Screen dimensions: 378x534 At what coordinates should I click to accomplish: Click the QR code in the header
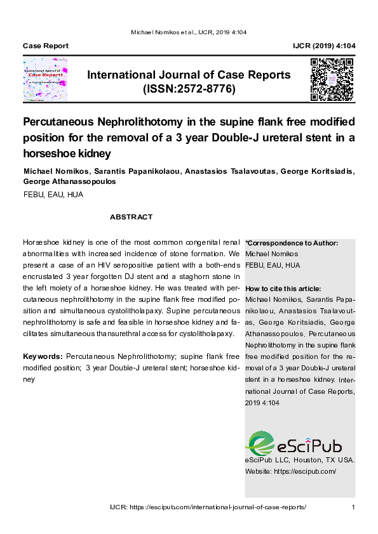pos(332,80)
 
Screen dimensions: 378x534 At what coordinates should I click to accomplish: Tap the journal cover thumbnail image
pos(45,81)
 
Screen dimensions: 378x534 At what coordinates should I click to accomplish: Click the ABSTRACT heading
pos(131,217)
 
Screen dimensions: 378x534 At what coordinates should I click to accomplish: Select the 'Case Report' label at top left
pos(46,46)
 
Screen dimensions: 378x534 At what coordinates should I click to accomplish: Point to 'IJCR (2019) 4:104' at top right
pos(324,46)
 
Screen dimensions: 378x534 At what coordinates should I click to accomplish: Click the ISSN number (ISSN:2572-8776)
pos(189,89)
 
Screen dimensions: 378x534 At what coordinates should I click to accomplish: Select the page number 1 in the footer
pos(353,507)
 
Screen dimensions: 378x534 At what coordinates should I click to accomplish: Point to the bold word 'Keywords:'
pos(43,356)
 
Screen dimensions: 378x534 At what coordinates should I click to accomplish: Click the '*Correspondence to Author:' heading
pos(292,243)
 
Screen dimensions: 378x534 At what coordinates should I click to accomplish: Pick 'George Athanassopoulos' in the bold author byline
pos(70,181)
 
